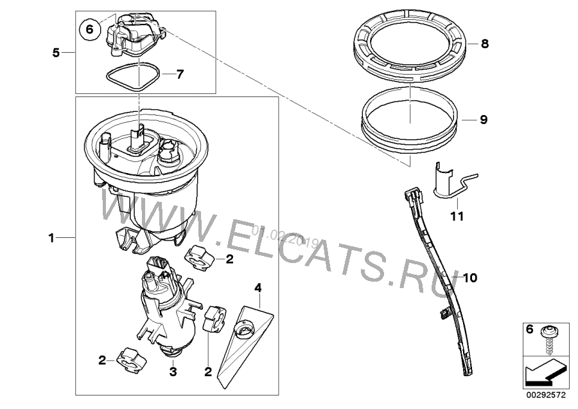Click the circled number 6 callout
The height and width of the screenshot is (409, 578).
(x=89, y=29)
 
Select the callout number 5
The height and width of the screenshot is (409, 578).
(x=57, y=53)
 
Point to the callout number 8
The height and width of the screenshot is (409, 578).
(x=484, y=44)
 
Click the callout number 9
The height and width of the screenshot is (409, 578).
(x=484, y=120)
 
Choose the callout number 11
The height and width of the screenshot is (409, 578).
(x=456, y=217)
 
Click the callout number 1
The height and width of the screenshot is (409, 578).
(x=53, y=238)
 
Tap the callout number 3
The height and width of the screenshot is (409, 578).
(x=172, y=372)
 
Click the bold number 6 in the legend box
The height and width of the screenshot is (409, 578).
(x=530, y=329)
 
